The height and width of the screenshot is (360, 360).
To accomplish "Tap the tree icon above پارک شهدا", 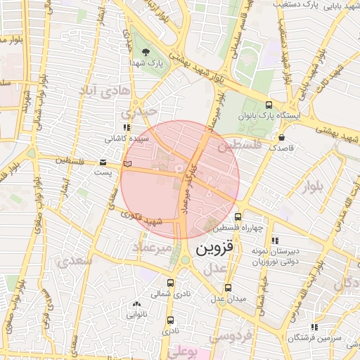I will click(146, 53).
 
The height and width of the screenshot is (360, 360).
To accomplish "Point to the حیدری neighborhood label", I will click(136, 112).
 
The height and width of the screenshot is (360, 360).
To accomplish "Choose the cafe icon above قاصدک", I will click(282, 138).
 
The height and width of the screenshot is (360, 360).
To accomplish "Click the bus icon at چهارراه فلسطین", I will click(238, 217).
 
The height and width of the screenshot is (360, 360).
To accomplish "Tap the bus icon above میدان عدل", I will click(227, 288).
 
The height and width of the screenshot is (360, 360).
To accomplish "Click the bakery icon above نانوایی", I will click(136, 304).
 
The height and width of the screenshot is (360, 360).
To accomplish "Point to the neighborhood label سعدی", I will click(77, 261).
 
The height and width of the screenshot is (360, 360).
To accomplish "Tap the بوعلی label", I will click(184, 349).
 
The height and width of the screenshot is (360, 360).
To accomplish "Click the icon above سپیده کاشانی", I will click(127, 128).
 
